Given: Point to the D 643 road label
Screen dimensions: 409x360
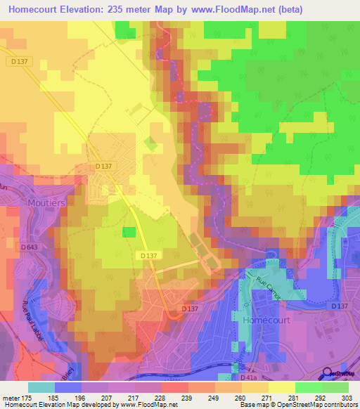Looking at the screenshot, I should point(29,247).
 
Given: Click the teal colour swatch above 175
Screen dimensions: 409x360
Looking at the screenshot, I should point(41,387).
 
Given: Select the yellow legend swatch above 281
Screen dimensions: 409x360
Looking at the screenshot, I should point(281,387).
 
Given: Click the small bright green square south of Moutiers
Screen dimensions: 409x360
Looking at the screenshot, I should point(129,232).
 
